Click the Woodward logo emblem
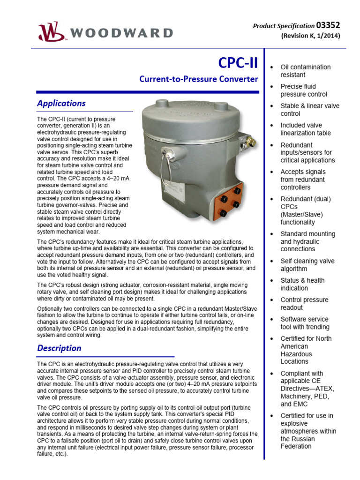coord(50,32)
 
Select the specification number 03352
coord(328,25)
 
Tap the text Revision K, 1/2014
coord(310,36)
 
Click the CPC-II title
coord(238,63)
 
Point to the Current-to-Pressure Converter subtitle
coord(199,79)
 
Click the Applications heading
coord(61,103)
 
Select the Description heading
coord(59,348)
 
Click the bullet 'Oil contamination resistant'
coord(305,71)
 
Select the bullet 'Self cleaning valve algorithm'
coord(307,265)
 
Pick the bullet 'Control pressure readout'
coord(304,303)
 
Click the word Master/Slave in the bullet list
coord(301,214)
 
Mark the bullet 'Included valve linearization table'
coord(305,129)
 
